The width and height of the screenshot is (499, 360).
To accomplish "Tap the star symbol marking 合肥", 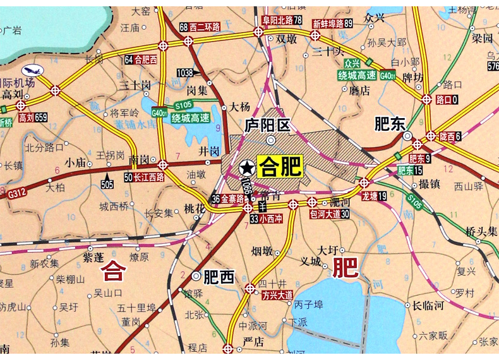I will click(x=246, y=167).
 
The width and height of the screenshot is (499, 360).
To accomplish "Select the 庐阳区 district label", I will click(x=267, y=125).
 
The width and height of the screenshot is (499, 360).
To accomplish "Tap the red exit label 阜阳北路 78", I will click(x=282, y=20).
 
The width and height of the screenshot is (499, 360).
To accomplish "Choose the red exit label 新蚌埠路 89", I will click(x=332, y=23).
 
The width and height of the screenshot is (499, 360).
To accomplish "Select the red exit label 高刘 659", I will click(x=33, y=117).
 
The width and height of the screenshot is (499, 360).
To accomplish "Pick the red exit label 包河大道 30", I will click(x=329, y=213).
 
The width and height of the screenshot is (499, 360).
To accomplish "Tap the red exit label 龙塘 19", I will click(x=374, y=196).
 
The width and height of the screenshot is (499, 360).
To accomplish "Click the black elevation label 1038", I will click(x=185, y=73).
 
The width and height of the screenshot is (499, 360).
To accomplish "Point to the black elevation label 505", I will click(x=107, y=184).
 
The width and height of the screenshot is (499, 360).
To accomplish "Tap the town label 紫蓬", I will click(x=93, y=257).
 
